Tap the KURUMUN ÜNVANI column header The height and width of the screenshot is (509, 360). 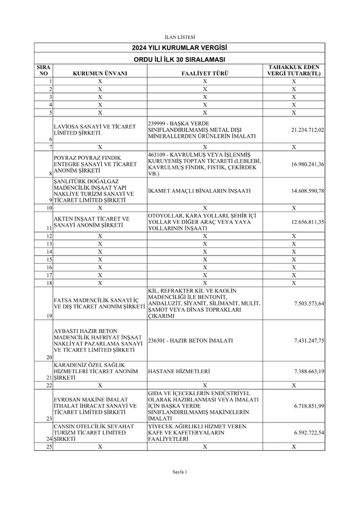(100, 74)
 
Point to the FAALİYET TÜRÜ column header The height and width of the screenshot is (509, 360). (204, 74)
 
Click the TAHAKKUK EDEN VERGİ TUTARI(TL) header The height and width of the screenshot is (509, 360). (294, 70)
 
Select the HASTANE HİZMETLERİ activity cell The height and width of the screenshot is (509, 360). (179, 371)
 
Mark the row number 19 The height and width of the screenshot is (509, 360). (49, 316)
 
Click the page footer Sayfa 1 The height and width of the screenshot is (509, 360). (179, 472)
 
